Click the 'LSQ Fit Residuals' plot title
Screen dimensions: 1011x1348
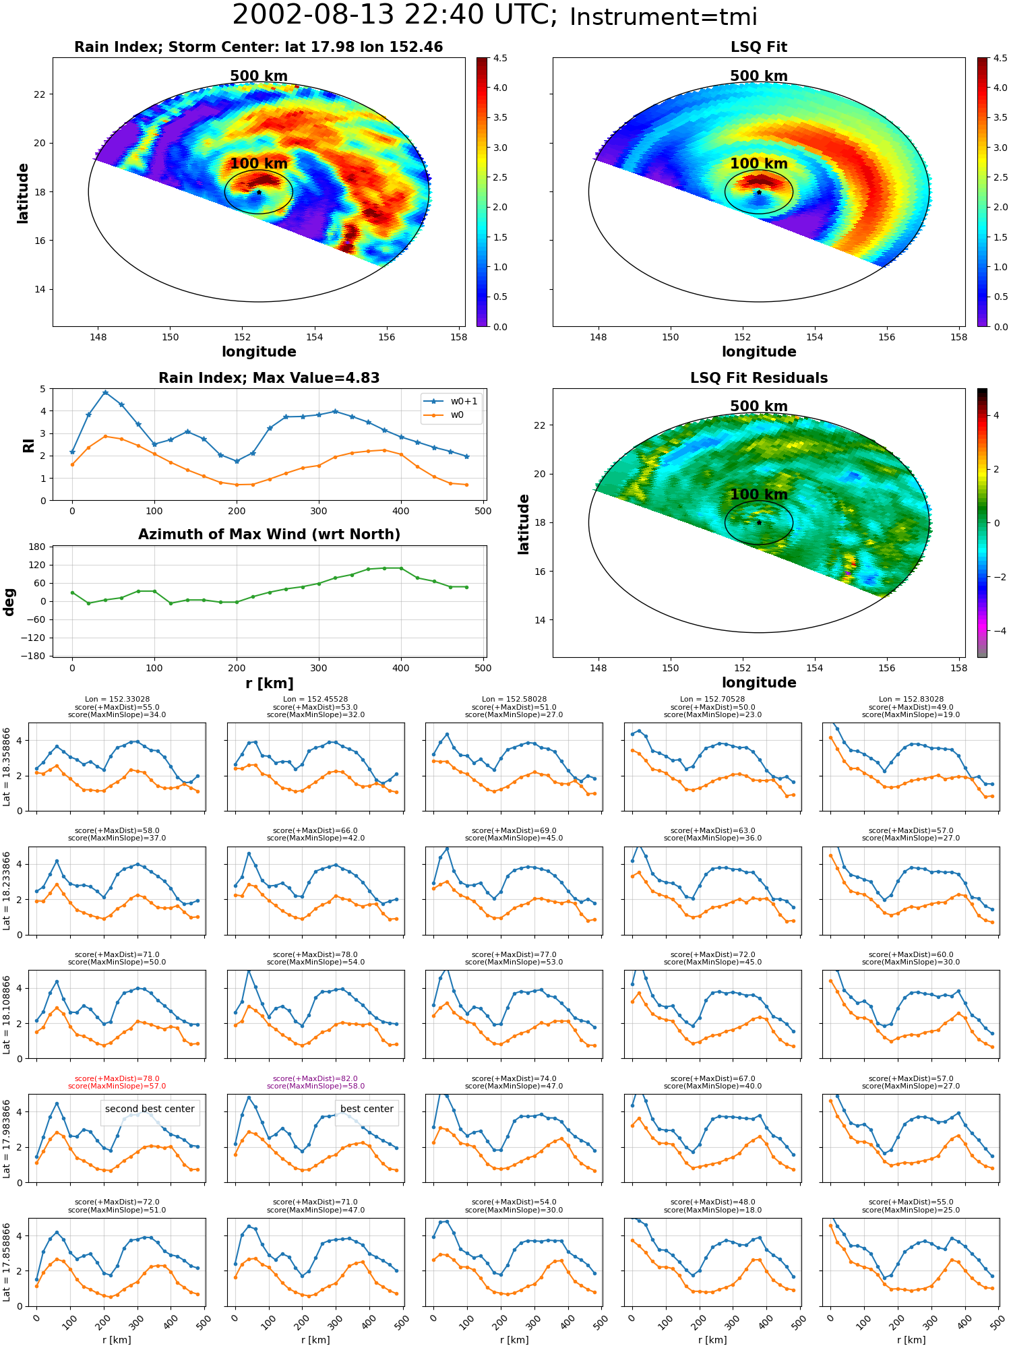point(759,378)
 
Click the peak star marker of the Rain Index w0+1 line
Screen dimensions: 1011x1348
point(105,392)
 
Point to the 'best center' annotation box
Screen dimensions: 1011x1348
point(367,1109)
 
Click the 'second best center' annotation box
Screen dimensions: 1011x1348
point(150,1109)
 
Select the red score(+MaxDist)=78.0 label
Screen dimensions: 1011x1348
point(117,1078)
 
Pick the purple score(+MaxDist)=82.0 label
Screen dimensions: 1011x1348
point(315,1078)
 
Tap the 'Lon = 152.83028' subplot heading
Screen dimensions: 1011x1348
point(911,700)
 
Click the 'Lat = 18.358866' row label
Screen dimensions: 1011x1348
point(7,767)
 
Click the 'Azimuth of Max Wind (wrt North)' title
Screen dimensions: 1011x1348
point(270,534)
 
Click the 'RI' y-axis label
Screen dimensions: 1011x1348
point(28,446)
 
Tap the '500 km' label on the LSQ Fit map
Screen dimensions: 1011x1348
point(759,76)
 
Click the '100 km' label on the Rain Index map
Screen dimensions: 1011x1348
point(259,164)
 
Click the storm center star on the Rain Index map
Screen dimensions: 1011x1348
point(259,192)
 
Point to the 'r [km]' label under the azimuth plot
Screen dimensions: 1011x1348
point(270,683)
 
